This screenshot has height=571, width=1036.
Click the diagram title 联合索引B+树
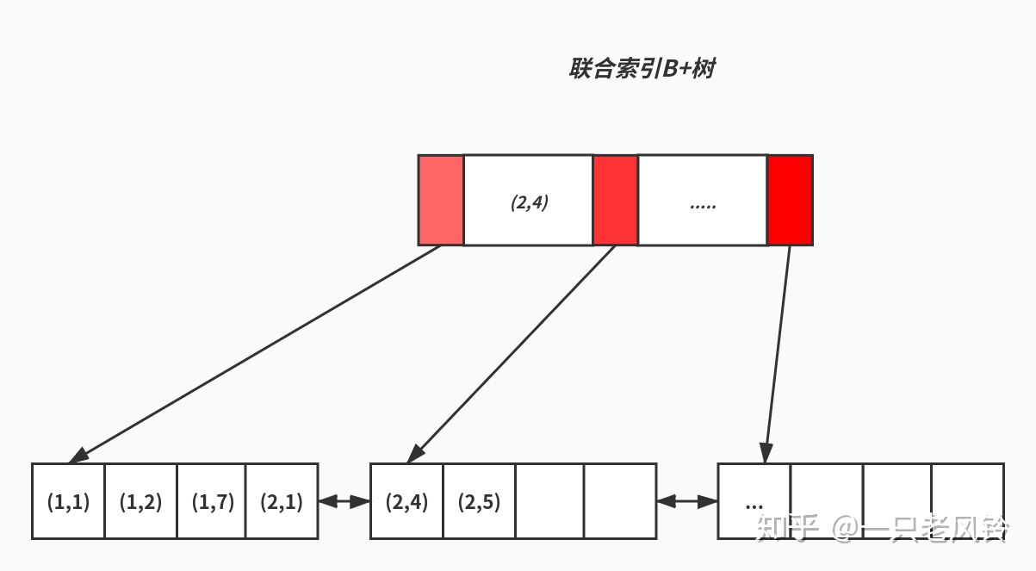pyautogui.click(x=642, y=69)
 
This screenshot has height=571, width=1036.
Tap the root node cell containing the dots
pyautogui.click(x=702, y=201)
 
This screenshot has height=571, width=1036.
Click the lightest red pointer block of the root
pyautogui.click(x=441, y=201)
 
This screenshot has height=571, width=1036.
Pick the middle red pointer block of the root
pyautogui.click(x=615, y=201)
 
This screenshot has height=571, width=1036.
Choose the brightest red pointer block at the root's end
pyautogui.click(x=790, y=201)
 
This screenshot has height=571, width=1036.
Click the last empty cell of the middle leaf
pyautogui.click(x=620, y=501)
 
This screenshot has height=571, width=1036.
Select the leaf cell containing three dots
pyautogui.click(x=754, y=501)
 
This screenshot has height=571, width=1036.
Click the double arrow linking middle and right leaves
pyautogui.click(x=686, y=500)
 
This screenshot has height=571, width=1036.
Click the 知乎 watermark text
pyautogui.click(x=785, y=527)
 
